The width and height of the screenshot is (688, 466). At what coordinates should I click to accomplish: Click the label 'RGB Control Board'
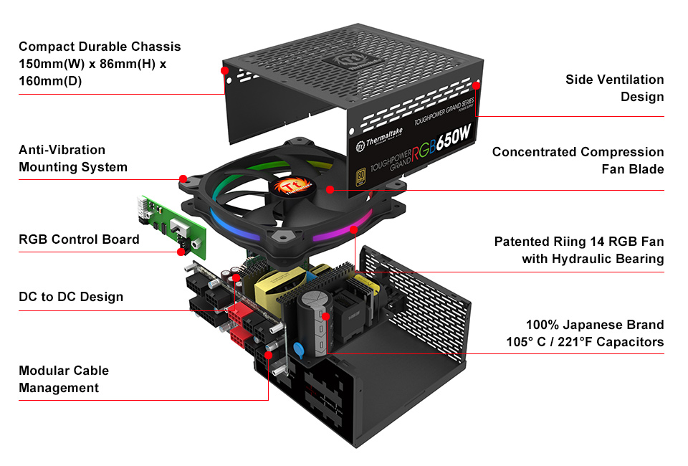click(x=79, y=239)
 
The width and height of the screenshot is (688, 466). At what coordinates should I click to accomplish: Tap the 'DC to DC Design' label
click(x=71, y=297)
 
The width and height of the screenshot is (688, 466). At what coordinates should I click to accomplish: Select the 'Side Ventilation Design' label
click(x=614, y=88)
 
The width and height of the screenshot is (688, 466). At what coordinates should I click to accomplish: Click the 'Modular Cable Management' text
click(x=64, y=379)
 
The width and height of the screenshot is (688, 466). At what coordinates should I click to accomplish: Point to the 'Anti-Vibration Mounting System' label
click(x=73, y=158)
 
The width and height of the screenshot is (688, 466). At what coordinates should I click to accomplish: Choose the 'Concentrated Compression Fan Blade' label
click(x=578, y=161)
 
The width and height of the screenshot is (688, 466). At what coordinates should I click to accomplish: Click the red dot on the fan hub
click(x=329, y=190)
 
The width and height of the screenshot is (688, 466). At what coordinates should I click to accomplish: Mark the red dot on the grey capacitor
click(x=325, y=315)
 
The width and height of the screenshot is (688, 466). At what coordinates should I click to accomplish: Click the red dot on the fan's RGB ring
click(x=354, y=229)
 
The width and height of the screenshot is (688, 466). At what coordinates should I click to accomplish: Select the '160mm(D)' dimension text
click(x=50, y=81)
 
